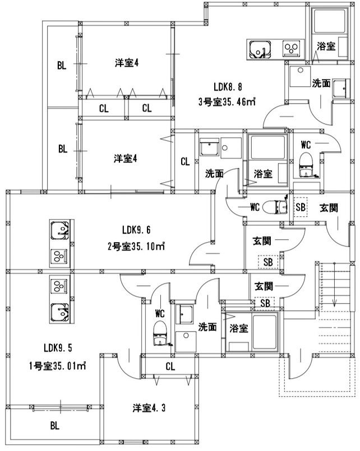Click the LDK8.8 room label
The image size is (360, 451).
228,86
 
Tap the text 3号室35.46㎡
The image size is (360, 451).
227,102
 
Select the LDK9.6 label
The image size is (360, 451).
136,230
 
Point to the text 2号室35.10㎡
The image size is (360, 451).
136,246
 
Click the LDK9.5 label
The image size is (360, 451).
58,348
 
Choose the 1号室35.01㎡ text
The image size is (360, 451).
58,366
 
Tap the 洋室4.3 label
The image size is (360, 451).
149,408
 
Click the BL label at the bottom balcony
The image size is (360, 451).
55,425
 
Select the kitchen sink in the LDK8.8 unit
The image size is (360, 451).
260,49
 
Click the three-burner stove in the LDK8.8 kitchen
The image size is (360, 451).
291,49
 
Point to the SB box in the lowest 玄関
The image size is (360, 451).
265,303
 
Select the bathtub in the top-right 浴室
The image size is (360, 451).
329,21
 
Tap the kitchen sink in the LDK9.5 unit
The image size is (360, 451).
60,313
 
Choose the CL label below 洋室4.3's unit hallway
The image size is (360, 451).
170,366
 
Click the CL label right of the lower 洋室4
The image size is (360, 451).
185,162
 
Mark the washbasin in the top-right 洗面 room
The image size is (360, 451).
341,89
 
